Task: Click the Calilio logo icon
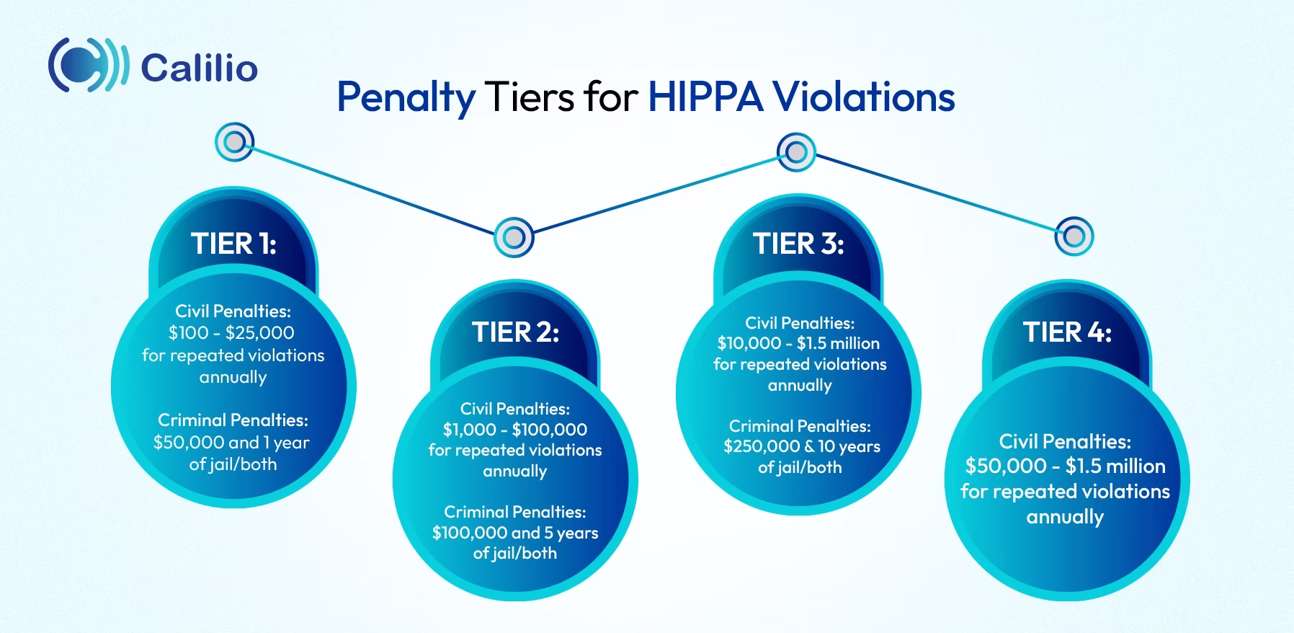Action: point(88,66)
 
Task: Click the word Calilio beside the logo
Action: point(200,68)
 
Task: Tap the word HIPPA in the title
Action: point(705,97)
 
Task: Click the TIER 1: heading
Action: point(233,244)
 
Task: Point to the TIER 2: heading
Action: point(515,332)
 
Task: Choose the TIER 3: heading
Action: point(798,244)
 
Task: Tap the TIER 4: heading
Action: point(1067,332)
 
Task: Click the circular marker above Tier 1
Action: point(235,142)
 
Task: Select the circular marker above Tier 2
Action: point(514,236)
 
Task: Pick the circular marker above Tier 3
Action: point(796,152)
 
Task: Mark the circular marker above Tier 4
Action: point(1074,236)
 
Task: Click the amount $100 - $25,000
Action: point(231,333)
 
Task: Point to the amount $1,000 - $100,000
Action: point(515,430)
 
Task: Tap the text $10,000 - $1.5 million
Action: point(798,343)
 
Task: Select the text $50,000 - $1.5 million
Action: point(1065,466)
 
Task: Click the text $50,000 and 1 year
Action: point(231,442)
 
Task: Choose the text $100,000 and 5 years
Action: point(515,533)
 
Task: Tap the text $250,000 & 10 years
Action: point(801,447)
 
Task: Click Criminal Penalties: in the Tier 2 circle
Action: point(515,512)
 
